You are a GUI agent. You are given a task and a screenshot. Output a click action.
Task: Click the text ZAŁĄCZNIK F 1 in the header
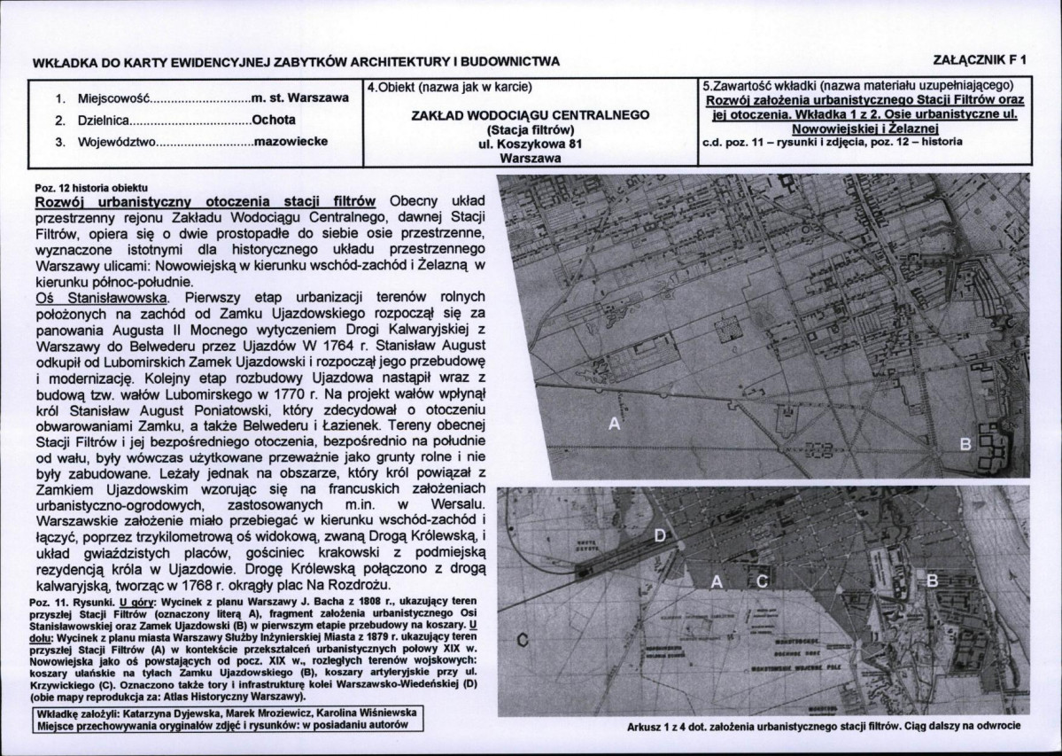tap(980, 60)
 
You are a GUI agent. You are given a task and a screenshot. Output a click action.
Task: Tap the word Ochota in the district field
tap(274, 119)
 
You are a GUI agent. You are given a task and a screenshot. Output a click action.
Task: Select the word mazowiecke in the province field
tap(291, 141)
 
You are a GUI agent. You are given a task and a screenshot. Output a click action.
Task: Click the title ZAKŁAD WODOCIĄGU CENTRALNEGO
tap(531, 115)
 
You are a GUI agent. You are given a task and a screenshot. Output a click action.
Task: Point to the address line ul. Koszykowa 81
tap(531, 144)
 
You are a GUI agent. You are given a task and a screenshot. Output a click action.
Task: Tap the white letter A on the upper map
tap(614, 425)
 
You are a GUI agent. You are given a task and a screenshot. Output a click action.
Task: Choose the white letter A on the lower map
tap(718, 581)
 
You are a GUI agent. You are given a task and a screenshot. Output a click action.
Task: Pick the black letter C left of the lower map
tap(522, 640)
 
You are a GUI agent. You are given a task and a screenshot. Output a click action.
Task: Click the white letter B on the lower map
tap(931, 581)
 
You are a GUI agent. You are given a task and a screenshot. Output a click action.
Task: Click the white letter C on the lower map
tap(761, 581)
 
